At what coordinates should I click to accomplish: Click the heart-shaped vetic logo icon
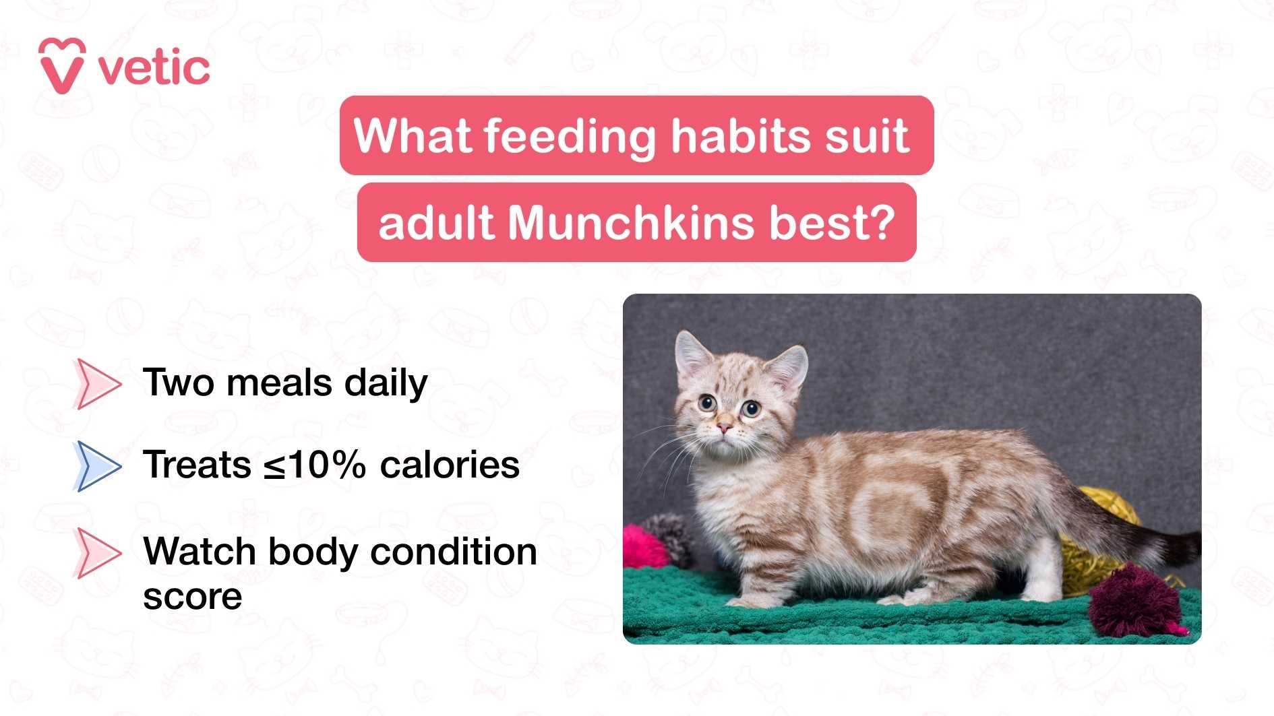point(62,65)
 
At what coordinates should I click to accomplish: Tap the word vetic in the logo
point(154,68)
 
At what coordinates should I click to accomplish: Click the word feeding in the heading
point(570,137)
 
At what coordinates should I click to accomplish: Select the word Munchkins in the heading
point(632,223)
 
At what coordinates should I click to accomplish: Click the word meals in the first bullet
point(280,383)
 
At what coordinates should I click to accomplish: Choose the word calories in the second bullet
point(450,465)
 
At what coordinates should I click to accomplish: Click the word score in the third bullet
point(192,597)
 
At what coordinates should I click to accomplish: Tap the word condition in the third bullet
point(454,552)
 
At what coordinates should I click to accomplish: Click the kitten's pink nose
point(724,428)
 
